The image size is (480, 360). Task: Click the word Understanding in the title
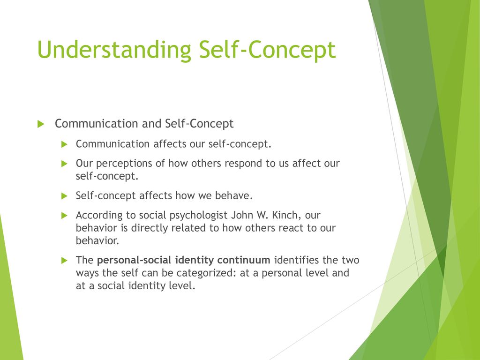click(114, 50)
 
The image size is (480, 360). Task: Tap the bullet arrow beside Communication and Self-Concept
click(41, 124)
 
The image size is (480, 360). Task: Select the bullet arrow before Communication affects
click(64, 144)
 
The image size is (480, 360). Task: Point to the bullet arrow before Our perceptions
click(64, 164)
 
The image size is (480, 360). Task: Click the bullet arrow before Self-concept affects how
click(64, 196)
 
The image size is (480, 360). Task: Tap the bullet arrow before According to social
click(64, 216)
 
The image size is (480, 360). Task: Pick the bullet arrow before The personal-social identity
click(64, 261)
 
